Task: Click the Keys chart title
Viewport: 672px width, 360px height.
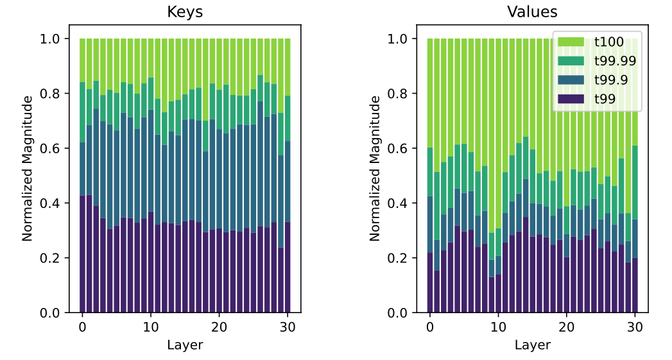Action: click(x=185, y=12)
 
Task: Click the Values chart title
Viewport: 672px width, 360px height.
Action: click(x=532, y=12)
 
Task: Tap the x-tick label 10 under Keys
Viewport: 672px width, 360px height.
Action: click(x=151, y=327)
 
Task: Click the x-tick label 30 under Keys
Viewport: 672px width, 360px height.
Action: click(x=288, y=327)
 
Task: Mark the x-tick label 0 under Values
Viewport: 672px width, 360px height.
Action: click(x=430, y=327)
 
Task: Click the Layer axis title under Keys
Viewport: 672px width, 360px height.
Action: click(x=185, y=345)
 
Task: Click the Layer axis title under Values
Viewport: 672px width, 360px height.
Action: click(x=532, y=345)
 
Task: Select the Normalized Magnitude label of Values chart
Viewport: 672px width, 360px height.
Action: click(x=375, y=168)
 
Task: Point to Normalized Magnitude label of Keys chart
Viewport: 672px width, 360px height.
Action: click(x=28, y=168)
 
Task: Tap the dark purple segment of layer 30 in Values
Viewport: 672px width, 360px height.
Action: click(x=635, y=286)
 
